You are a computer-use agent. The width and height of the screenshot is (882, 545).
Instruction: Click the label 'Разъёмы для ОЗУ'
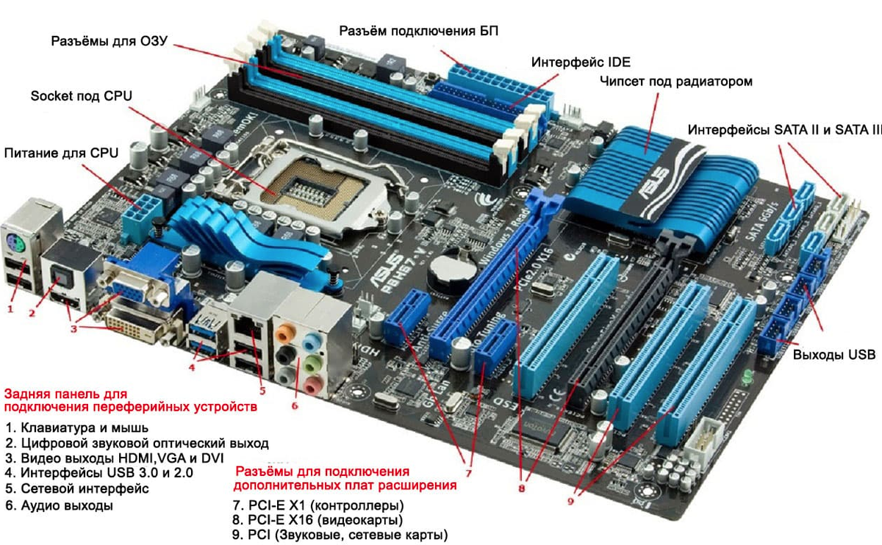[x=109, y=41]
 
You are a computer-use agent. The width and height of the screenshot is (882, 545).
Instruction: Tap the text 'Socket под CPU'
[x=81, y=95]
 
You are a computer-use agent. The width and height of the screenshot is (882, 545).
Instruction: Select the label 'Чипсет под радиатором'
[x=676, y=82]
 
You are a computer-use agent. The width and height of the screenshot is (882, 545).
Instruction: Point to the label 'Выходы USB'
[x=834, y=355]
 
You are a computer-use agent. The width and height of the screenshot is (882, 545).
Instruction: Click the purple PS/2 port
[x=15, y=244]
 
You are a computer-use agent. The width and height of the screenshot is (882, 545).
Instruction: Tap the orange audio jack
[x=286, y=333]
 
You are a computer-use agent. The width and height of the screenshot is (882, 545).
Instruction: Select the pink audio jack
[x=313, y=384]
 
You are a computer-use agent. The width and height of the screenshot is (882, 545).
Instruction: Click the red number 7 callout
[x=468, y=473]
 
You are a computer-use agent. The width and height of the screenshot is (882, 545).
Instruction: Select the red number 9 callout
[x=571, y=502]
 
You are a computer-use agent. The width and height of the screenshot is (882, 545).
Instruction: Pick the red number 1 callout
[x=10, y=309]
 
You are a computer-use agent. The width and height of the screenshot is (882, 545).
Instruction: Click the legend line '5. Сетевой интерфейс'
[x=77, y=488]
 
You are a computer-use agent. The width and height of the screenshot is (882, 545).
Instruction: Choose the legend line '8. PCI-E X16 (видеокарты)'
[x=318, y=520]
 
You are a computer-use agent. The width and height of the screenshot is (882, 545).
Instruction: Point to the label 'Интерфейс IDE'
[x=581, y=62]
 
